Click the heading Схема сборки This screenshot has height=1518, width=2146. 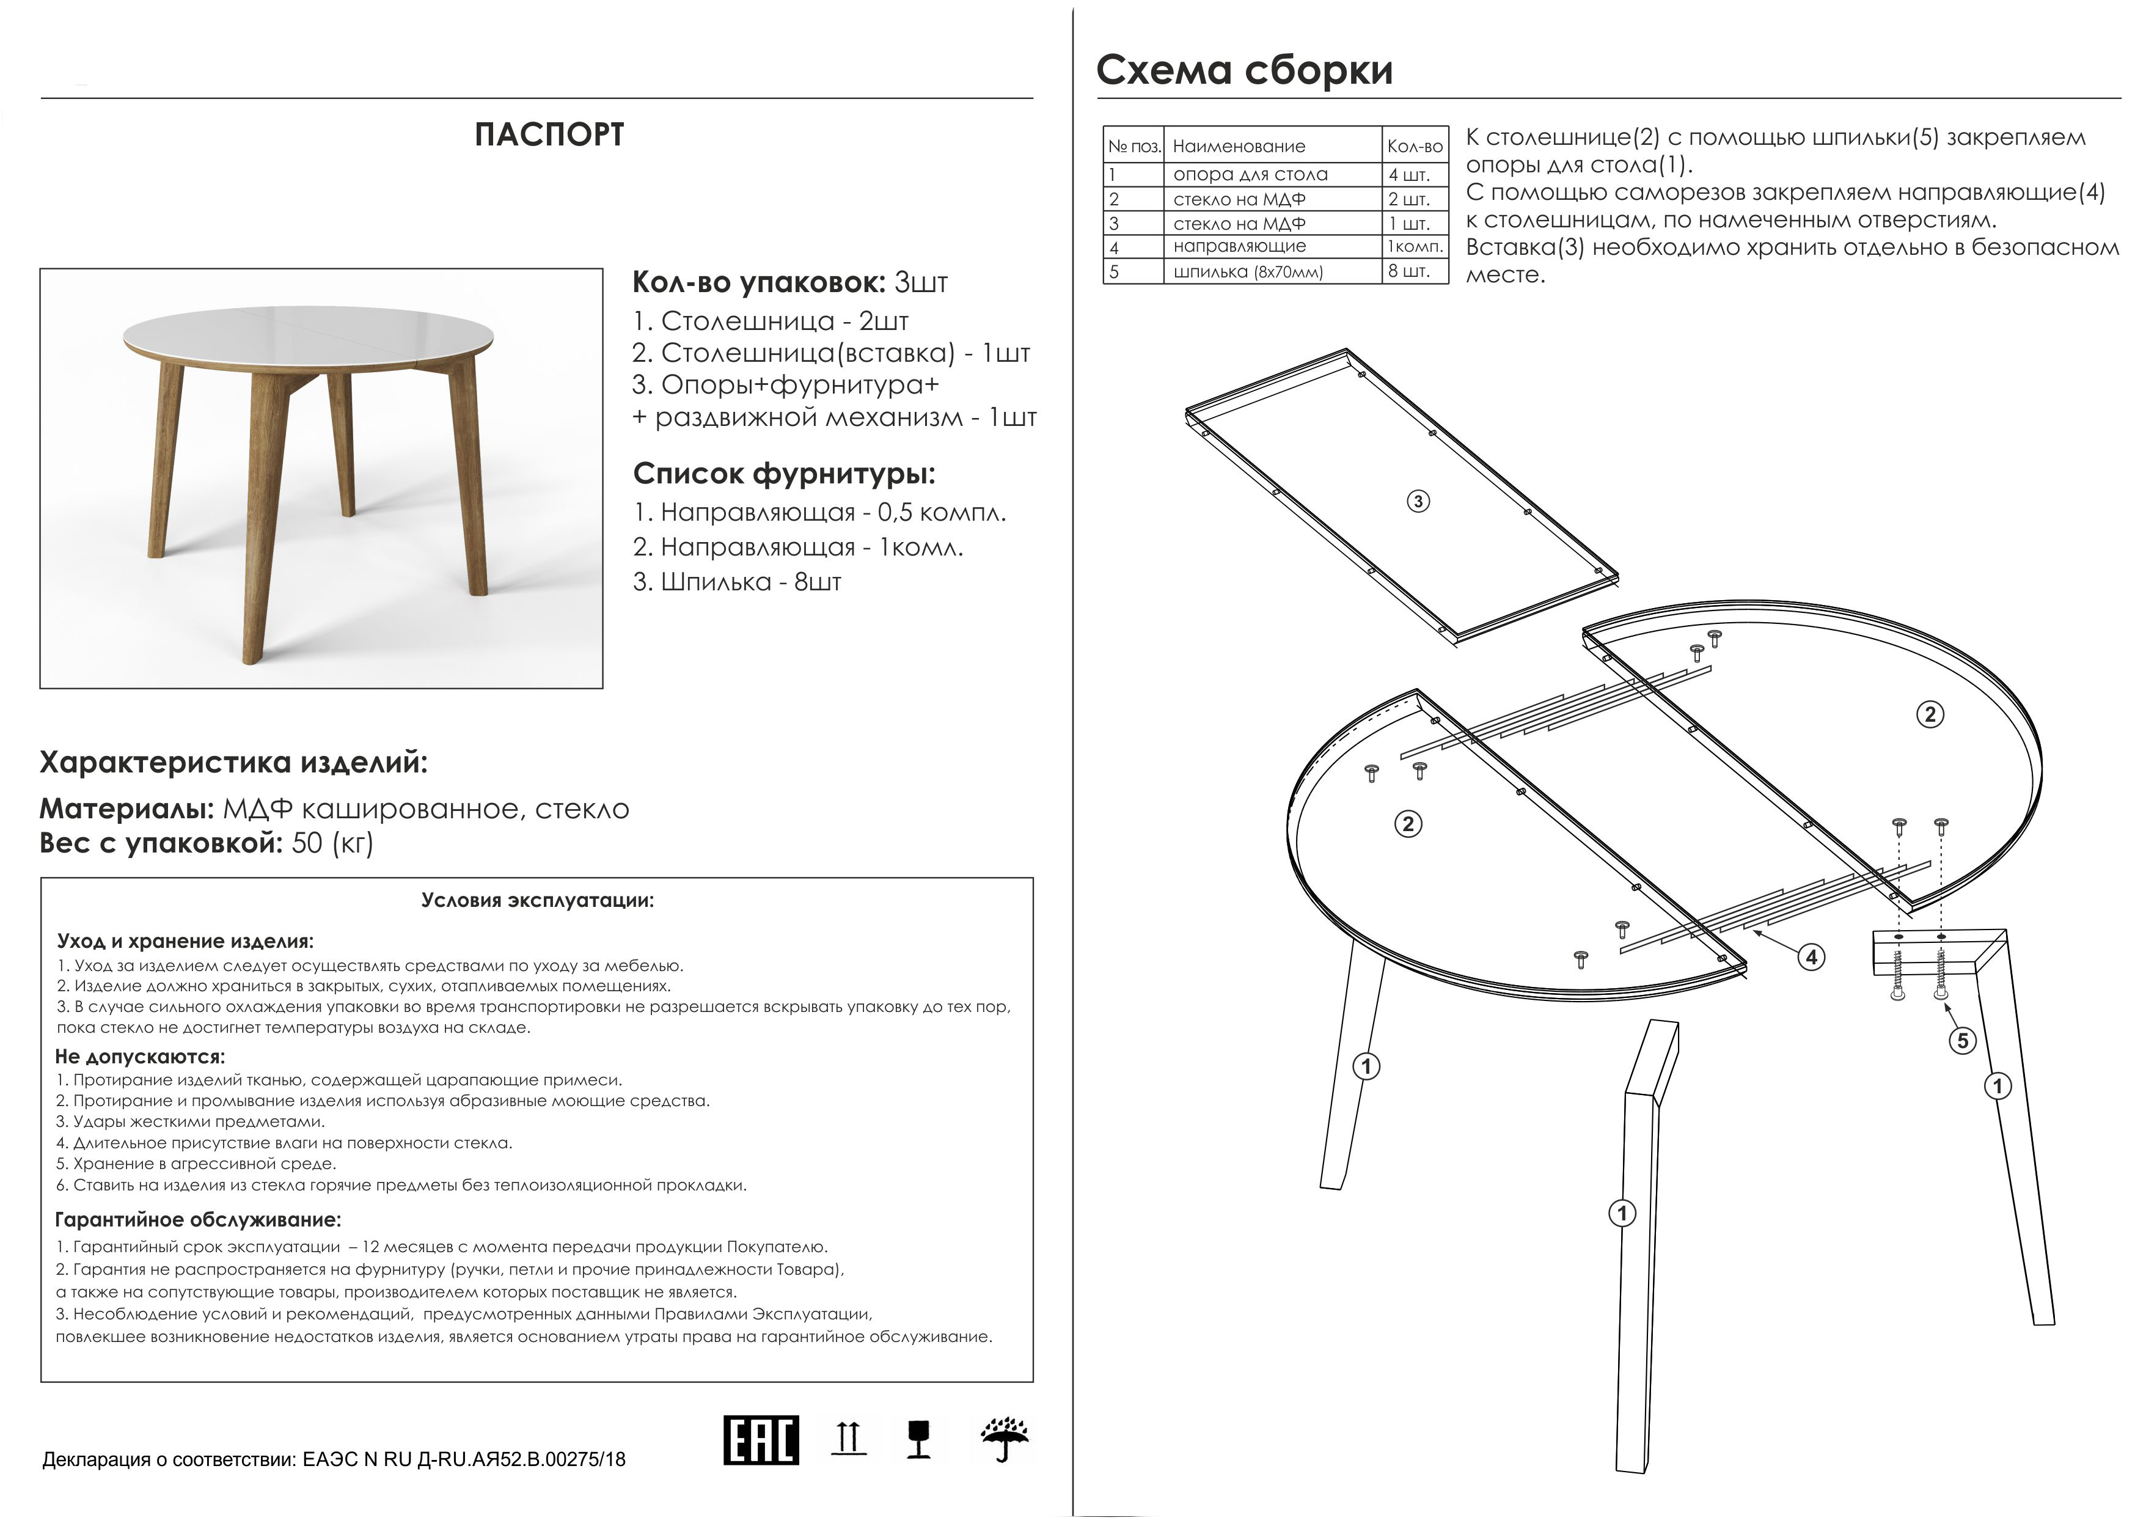pos(1244,71)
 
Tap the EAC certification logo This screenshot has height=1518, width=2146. pos(761,1440)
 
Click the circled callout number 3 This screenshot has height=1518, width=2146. pos(1418,502)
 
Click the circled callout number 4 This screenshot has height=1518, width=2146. pos(1811,957)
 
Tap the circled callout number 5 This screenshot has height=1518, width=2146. pos(1962,1040)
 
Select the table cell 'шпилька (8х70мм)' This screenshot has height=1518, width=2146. pos(1248,272)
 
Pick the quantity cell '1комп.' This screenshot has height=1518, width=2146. pos(1415,247)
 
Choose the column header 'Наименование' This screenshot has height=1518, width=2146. pos(1239,147)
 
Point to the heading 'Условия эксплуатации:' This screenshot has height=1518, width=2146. pos(538,901)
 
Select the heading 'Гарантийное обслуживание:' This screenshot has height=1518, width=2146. pos(198,1220)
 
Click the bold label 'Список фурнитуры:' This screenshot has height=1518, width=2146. pos(784,474)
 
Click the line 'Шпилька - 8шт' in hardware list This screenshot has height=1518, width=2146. pos(738,582)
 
